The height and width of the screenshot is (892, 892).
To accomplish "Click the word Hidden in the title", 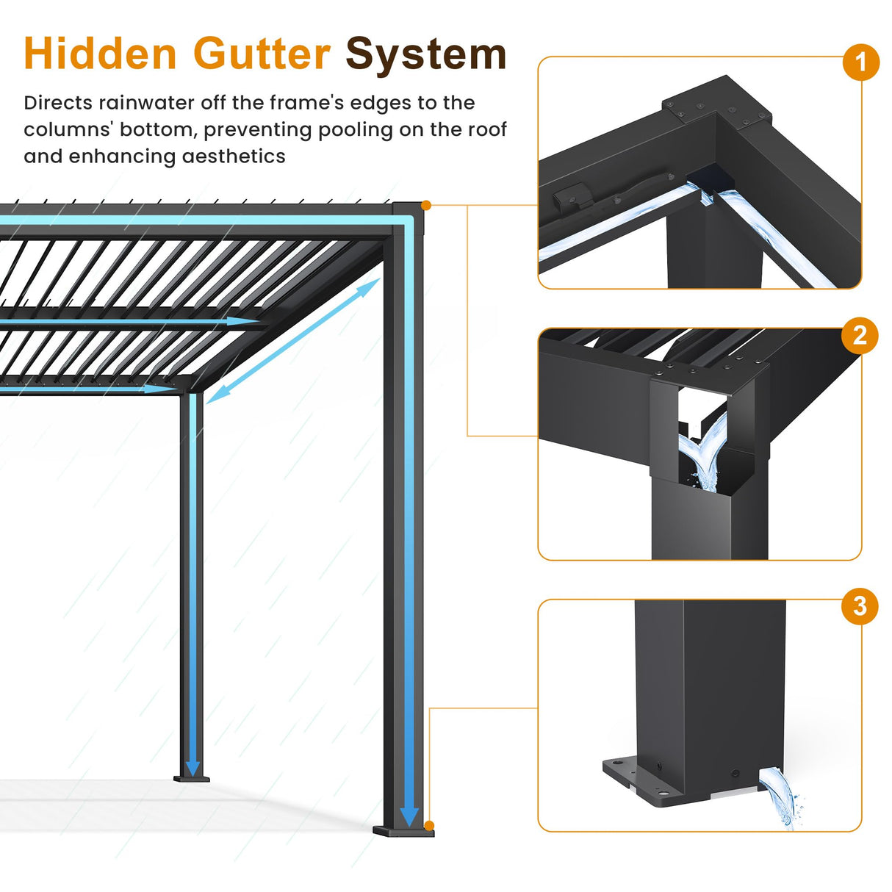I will [100, 54].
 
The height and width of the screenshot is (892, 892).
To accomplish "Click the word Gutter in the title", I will [262, 54].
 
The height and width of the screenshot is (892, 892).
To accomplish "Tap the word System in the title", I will [426, 54].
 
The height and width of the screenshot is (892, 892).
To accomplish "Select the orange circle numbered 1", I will [860, 62].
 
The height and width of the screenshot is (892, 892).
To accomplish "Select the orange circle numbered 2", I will [860, 336].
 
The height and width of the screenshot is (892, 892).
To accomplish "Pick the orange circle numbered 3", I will [860, 607].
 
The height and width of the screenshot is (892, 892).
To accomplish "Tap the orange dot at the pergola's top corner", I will [427, 206].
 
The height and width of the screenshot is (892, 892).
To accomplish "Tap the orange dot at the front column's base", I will [429, 826].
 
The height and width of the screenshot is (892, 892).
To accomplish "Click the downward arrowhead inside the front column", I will [409, 816].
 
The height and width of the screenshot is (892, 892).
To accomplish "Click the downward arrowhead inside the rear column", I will [193, 768].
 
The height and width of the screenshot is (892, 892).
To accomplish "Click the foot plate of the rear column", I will [192, 779].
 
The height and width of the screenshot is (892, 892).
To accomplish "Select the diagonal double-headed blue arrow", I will [294, 342].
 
